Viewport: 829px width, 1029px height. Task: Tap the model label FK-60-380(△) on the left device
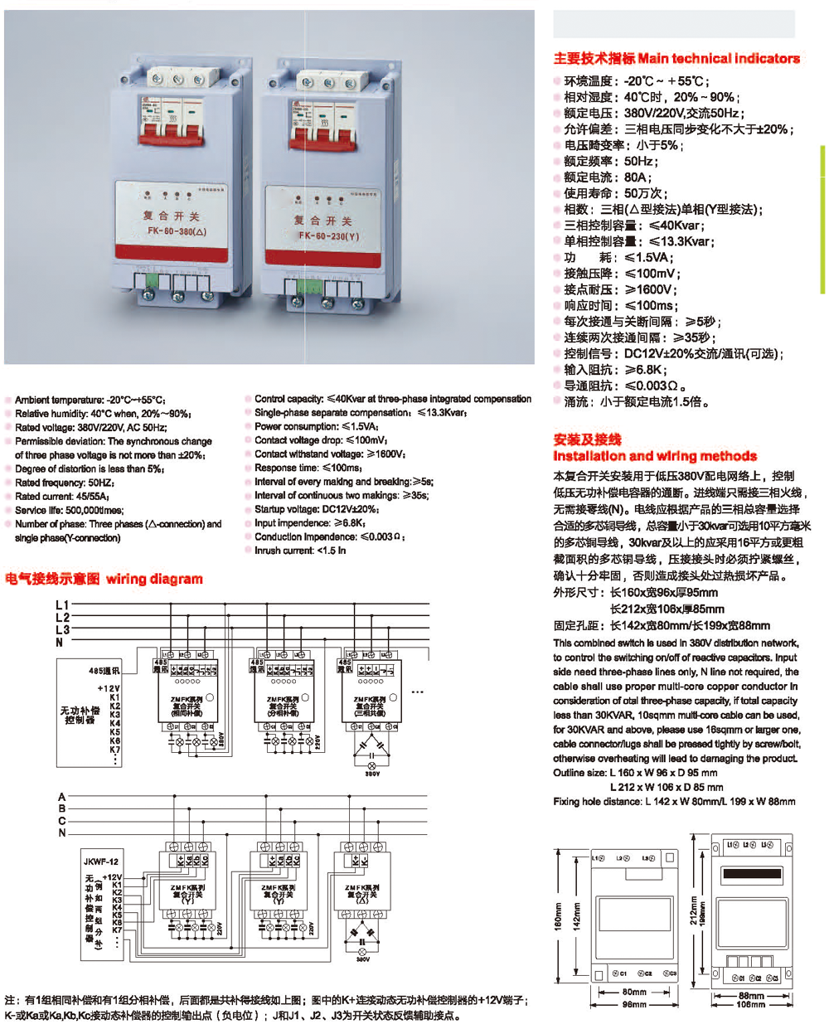(x=177, y=231)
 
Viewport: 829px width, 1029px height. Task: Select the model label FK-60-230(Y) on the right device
(x=328, y=235)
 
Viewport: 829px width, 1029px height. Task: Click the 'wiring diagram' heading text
(x=154, y=579)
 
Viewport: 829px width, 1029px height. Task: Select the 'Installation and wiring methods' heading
(x=655, y=456)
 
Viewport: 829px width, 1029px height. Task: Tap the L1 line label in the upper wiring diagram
(x=62, y=605)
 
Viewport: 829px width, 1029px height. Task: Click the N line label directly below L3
(x=60, y=643)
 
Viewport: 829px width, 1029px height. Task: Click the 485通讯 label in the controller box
(x=104, y=671)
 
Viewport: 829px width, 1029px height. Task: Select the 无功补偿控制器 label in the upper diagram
(x=80, y=715)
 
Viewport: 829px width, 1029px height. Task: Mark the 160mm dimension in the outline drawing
(x=558, y=915)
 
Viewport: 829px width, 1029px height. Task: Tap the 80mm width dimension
(x=634, y=992)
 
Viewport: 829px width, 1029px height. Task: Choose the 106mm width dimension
(x=751, y=1005)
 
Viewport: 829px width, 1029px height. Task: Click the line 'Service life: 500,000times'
(x=69, y=511)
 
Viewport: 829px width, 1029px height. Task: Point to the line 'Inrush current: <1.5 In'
(x=299, y=551)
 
